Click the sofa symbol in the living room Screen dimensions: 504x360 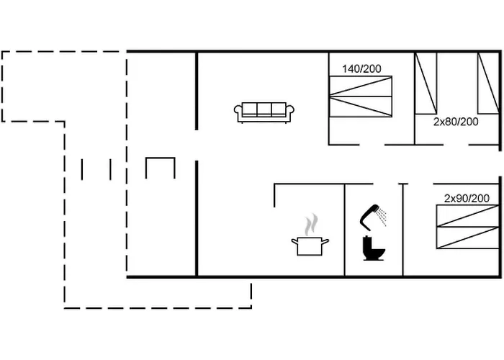click(264, 112)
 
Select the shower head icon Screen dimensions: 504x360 click(373, 217)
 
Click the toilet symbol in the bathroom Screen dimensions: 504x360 click(374, 248)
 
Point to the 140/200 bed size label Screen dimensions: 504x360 click(361, 69)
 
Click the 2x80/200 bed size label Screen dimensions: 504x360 click(456, 122)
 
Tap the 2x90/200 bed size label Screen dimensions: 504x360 click(467, 198)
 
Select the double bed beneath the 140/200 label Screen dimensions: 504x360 click(361, 96)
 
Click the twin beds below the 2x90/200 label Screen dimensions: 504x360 click(468, 227)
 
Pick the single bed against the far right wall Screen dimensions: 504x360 click(488, 84)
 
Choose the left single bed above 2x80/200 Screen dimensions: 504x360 click(426, 84)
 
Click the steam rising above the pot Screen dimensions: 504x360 click(311, 225)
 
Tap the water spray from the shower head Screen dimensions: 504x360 click(382, 216)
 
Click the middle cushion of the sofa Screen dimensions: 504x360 click(264, 109)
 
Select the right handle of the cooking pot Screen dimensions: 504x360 click(325, 241)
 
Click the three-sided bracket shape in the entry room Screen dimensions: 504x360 click(161, 158)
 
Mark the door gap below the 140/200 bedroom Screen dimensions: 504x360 click(372, 145)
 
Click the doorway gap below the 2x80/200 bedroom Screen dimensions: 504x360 click(456, 145)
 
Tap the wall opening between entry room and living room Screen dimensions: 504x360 click(197, 145)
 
